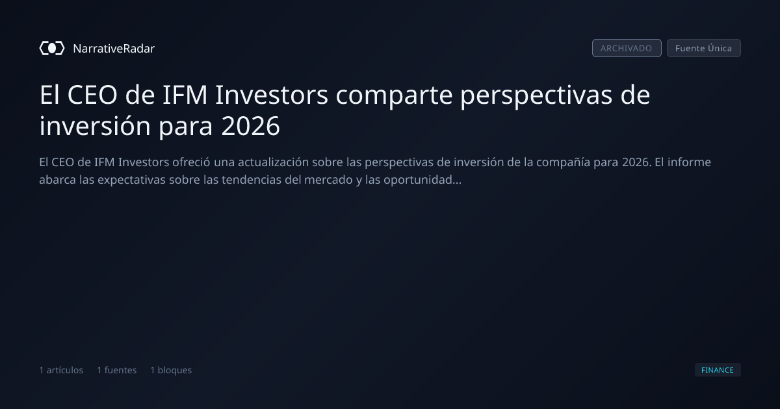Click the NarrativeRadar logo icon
(52, 48)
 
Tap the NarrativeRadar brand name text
(114, 48)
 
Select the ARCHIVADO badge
(627, 48)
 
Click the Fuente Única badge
(704, 48)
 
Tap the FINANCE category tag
(718, 369)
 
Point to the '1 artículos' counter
(61, 370)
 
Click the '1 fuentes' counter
(116, 370)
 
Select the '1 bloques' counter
(171, 370)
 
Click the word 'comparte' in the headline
(394, 95)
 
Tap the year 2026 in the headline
(250, 126)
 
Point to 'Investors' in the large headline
(272, 95)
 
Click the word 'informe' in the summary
(689, 162)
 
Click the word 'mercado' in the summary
(328, 180)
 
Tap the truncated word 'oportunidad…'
(422, 180)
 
